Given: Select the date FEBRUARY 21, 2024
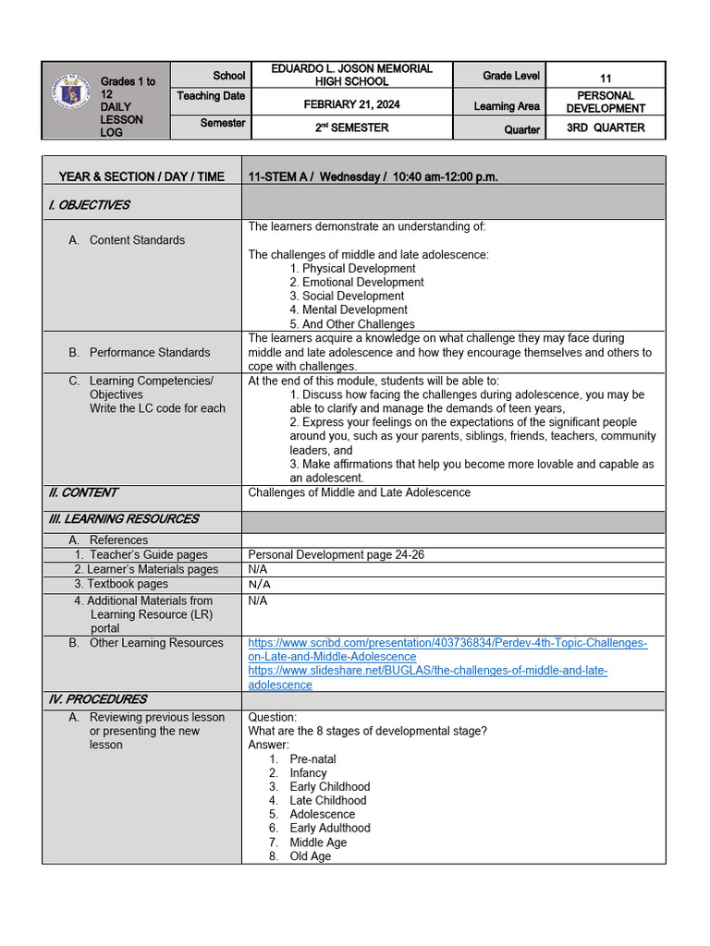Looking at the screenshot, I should (x=351, y=104).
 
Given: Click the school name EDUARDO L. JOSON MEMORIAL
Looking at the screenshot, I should (x=351, y=69).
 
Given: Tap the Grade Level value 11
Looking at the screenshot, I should (x=605, y=79).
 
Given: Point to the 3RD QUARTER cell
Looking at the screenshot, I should (x=605, y=127).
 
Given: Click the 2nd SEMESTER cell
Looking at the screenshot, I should (x=351, y=128).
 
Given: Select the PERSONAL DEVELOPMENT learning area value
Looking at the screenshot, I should (x=605, y=102).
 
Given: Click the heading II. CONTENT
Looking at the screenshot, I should (x=83, y=493).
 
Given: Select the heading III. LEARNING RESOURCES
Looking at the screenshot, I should (x=123, y=519).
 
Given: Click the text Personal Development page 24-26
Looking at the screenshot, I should (x=337, y=555).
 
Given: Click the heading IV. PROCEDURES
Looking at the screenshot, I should (x=98, y=699).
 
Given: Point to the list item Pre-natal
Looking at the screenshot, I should (x=312, y=759).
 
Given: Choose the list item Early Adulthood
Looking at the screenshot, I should (x=329, y=829).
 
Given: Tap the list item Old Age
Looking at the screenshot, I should (x=310, y=856).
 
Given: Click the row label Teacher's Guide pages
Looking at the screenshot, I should (x=148, y=555).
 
